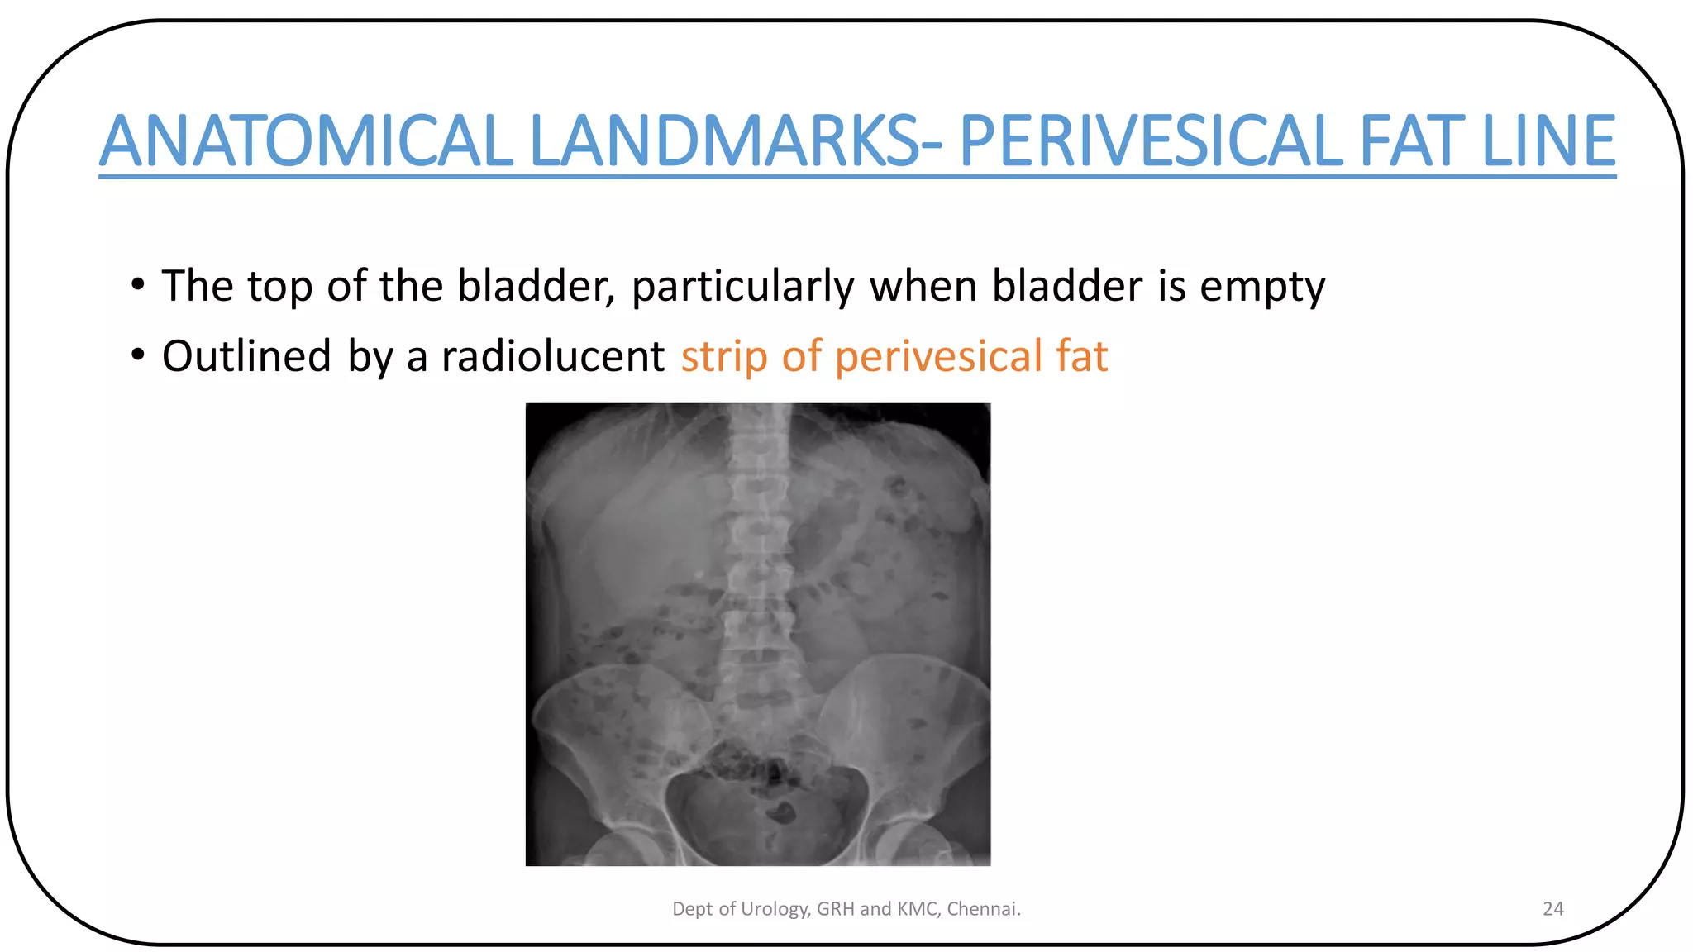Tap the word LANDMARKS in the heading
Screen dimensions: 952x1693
pos(723,141)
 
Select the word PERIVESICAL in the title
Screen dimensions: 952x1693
pos(1150,141)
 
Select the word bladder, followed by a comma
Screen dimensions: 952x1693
pos(537,286)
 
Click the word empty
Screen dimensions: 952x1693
pos(1262,288)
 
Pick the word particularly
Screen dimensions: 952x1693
pos(742,288)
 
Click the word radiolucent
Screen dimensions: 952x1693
pos(553,356)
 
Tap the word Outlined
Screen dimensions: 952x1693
pos(246,356)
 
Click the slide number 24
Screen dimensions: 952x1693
pos(1552,909)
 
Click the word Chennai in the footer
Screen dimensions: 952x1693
pos(983,909)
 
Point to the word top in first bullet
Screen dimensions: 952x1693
pos(279,288)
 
